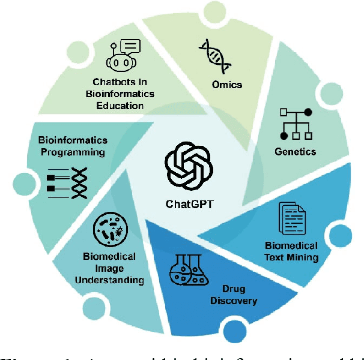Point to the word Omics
point(227,84)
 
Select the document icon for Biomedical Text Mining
point(291,219)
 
